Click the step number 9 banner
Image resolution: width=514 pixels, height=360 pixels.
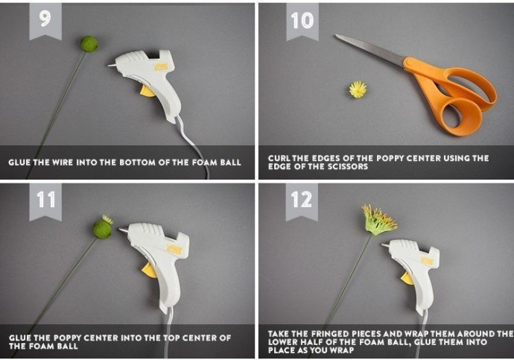coord(45,22)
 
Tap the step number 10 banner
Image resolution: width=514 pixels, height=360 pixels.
coord(302,22)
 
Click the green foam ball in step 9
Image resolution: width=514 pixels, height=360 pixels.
coord(89,44)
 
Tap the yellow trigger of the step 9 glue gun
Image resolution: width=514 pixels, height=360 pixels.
coord(147,92)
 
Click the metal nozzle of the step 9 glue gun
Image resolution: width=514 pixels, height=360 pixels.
coord(112,66)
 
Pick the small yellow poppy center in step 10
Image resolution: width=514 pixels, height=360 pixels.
coord(358,89)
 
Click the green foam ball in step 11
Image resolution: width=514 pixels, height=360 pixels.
coord(102,230)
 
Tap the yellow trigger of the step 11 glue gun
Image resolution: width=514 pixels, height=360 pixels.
coord(149,270)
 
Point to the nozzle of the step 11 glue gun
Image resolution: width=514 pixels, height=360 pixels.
coord(123,231)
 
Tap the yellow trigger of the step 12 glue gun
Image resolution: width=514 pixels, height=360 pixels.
coord(407,279)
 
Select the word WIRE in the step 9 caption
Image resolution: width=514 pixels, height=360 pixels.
coord(63,162)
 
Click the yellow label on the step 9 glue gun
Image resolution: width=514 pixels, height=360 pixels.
coord(161,67)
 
